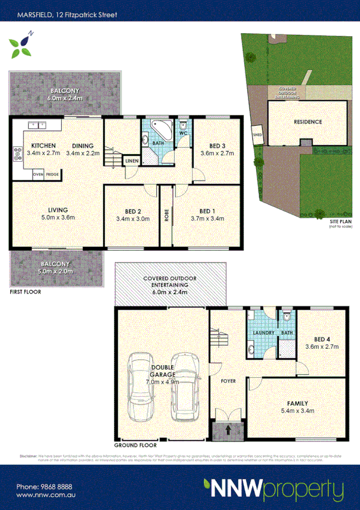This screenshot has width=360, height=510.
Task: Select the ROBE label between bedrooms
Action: coord(166,215)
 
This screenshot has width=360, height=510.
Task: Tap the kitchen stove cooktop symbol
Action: coord(15,153)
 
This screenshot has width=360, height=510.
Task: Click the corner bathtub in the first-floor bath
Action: coord(159,128)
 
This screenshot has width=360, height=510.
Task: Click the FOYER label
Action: coord(227,381)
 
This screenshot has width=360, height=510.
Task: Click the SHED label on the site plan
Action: coord(257,135)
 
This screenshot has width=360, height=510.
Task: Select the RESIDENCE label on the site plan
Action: coord(308,121)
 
